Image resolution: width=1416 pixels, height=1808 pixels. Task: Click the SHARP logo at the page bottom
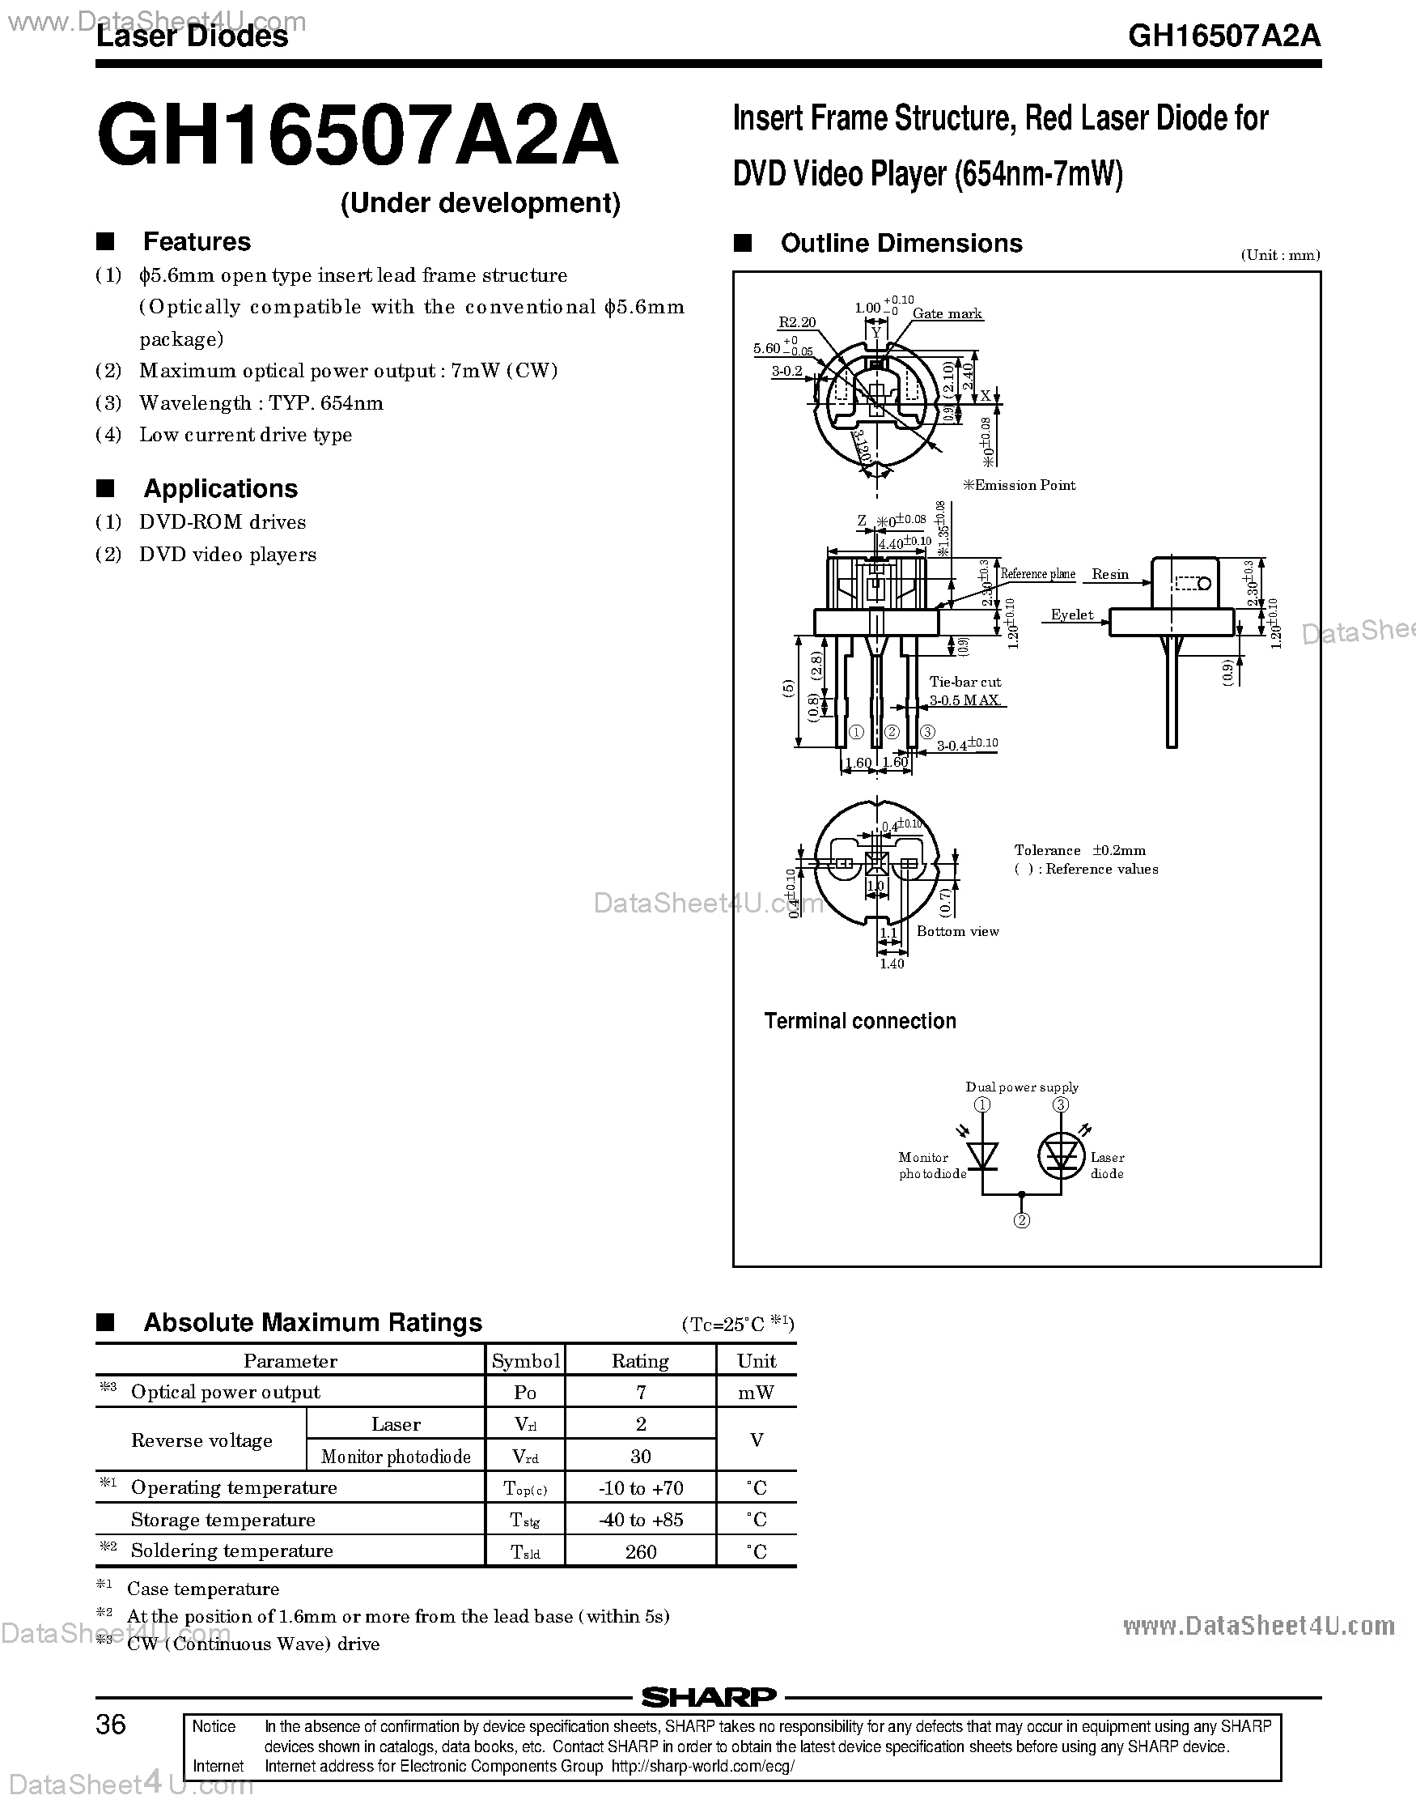tap(708, 1698)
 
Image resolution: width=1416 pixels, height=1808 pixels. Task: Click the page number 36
tap(111, 1725)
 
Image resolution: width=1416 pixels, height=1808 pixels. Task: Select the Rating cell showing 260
tap(640, 1551)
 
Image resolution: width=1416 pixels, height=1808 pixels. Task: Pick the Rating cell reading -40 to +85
tap(640, 1520)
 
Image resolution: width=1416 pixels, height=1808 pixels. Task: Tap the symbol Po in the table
tap(525, 1393)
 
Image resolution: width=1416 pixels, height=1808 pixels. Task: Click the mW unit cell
tap(756, 1393)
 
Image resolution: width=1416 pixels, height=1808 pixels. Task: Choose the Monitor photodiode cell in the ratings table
tap(396, 1457)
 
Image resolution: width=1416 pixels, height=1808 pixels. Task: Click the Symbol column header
tap(525, 1361)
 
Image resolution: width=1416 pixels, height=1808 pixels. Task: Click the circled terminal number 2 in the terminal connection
tap(1022, 1220)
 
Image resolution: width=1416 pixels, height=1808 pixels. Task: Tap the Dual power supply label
tap(1021, 1087)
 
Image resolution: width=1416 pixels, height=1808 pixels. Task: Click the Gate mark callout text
tap(947, 313)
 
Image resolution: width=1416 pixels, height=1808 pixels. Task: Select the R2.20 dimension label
tap(797, 321)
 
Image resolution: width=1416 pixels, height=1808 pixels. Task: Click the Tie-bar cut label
tap(964, 682)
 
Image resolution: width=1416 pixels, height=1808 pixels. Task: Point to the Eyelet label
tap(1072, 615)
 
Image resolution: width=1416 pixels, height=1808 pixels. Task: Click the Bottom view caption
tap(957, 931)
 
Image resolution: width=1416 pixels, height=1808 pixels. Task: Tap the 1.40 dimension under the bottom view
tap(891, 964)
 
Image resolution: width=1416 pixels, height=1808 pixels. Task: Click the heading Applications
tap(221, 488)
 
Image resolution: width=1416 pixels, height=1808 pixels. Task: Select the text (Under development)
tap(480, 203)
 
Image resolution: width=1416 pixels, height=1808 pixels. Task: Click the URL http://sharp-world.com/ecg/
tap(703, 1766)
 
